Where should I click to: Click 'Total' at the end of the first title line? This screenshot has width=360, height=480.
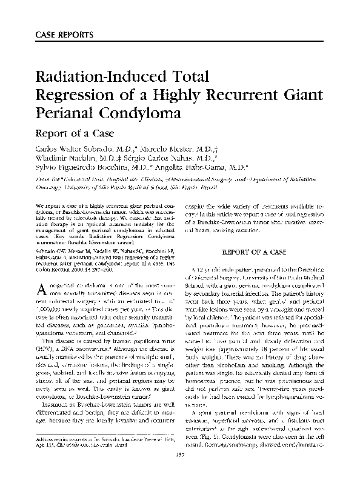pos(186,78)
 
